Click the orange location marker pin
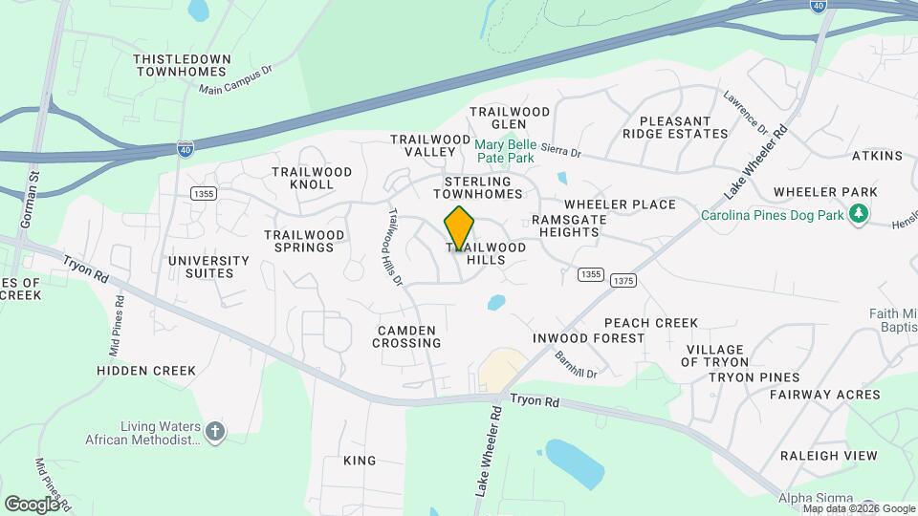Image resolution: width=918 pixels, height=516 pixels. coord(460,228)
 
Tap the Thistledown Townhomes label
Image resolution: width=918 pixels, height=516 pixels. coord(182,65)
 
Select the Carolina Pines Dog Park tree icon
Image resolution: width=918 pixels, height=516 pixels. coord(860,212)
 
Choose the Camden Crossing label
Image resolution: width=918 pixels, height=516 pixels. coord(406,335)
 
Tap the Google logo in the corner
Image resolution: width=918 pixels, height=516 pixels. coord(32,504)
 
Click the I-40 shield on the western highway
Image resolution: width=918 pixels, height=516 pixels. coord(186,148)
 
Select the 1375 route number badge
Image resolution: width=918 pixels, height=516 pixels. coord(621,280)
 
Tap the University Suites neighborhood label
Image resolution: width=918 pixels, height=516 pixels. coord(208,267)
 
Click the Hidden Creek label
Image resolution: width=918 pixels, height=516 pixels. coord(146,370)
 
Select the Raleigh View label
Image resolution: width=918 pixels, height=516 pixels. coord(828,455)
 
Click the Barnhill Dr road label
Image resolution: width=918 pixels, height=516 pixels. coord(576,364)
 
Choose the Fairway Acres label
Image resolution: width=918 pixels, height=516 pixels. coord(823,394)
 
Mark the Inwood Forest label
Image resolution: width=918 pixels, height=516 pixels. coord(589,338)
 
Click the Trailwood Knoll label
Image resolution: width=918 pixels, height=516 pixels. coord(312,178)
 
